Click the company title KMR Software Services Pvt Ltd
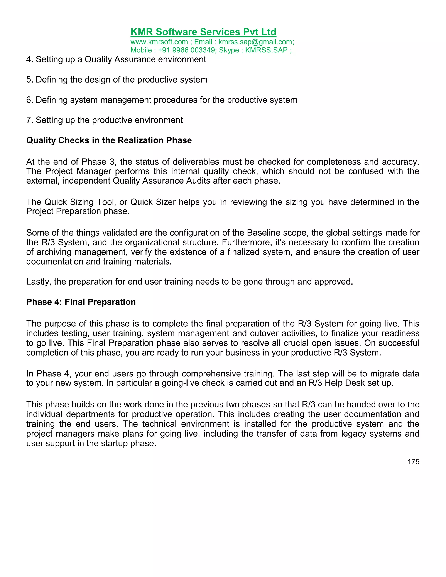[x=203, y=32]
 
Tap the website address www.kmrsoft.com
[x=159, y=42]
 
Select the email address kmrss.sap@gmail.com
[x=255, y=42]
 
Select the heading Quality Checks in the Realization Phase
[x=109, y=140]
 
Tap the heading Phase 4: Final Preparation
[x=81, y=302]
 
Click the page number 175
[x=413, y=462]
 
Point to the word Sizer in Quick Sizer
[x=166, y=202]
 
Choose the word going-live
[x=179, y=383]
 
